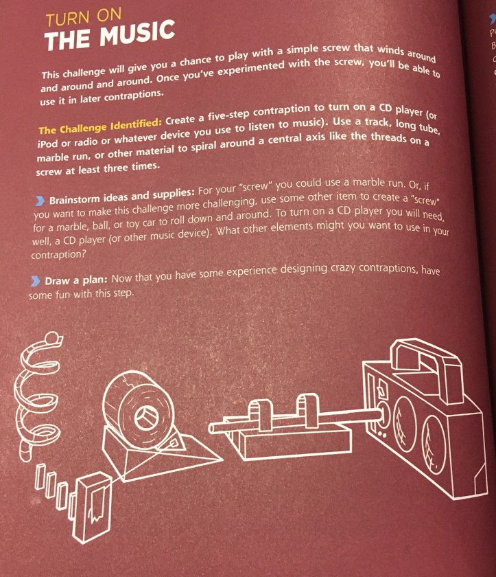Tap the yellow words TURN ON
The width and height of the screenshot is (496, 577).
pyautogui.click(x=84, y=17)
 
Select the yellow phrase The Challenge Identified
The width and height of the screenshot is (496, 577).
pyautogui.click(x=100, y=126)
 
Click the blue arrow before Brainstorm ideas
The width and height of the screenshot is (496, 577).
pyautogui.click(x=39, y=201)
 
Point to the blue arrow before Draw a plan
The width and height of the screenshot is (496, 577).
pyautogui.click(x=35, y=282)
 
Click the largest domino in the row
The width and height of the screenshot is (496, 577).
pyautogui.click(x=92, y=508)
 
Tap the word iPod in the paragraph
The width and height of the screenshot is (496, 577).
pyautogui.click(x=47, y=143)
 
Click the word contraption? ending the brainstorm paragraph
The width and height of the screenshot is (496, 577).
pyautogui.click(x=58, y=255)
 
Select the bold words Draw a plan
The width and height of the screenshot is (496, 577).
pyautogui.click(x=75, y=280)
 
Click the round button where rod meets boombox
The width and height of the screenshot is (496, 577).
pyautogui.click(x=382, y=414)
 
